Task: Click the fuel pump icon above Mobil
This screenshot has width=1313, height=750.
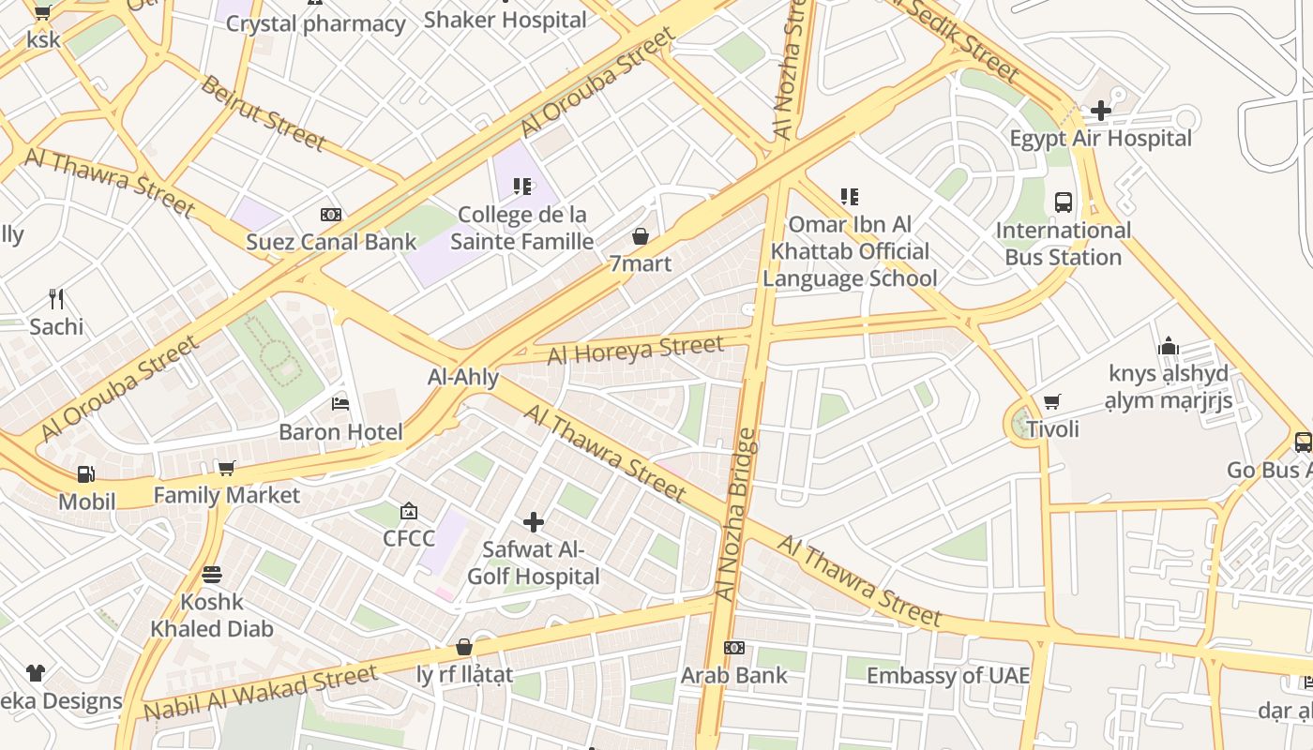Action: (x=85, y=474)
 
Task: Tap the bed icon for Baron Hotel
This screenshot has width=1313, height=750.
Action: (x=340, y=404)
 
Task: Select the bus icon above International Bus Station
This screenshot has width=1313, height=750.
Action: (x=1064, y=202)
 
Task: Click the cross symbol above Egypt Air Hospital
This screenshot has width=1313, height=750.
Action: (x=1100, y=111)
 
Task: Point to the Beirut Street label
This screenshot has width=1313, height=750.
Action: (x=263, y=113)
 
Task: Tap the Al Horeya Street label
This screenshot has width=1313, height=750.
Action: (x=635, y=350)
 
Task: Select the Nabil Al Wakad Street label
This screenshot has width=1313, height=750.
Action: (x=261, y=693)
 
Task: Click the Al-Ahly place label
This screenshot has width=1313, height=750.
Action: (x=462, y=378)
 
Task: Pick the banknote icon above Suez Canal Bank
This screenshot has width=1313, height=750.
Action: (x=330, y=215)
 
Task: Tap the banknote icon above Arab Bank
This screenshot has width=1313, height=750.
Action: (x=734, y=648)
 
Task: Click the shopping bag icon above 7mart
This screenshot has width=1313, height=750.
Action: (x=641, y=236)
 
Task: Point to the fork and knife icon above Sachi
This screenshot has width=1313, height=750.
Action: (x=56, y=299)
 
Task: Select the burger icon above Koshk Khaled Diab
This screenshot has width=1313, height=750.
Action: (x=212, y=575)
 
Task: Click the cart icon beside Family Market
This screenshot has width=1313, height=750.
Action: (x=226, y=468)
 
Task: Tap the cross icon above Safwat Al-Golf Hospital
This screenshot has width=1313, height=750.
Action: (x=534, y=521)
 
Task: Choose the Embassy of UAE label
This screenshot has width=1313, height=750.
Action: (x=947, y=675)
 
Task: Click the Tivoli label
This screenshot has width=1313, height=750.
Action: (x=1052, y=429)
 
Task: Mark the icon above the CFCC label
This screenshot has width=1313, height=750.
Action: (x=409, y=511)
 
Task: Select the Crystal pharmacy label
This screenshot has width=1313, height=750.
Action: (x=315, y=23)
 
